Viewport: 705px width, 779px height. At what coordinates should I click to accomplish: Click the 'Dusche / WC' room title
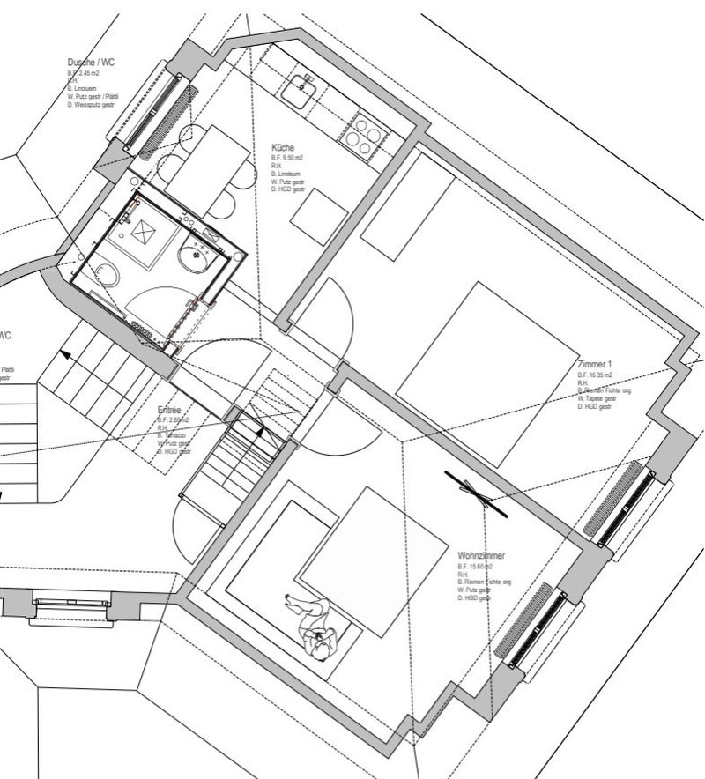pos(91,63)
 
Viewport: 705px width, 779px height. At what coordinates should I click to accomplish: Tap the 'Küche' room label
pos(283,147)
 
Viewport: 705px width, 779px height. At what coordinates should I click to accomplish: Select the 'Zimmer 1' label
pos(596,363)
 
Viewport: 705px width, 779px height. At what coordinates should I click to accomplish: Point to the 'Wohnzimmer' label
pos(481,557)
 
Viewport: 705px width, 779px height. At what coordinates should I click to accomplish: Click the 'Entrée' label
pos(169,411)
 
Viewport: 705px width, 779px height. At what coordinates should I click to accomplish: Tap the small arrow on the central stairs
pos(259,431)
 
